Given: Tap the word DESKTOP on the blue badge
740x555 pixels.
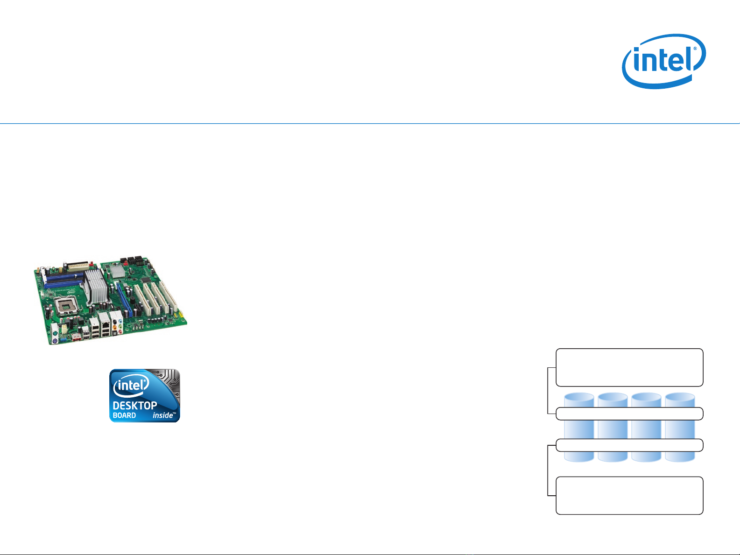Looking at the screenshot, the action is (135, 405).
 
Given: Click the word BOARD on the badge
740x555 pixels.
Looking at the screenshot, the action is (124, 415).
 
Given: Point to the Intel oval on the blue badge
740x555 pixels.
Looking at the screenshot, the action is (131, 386).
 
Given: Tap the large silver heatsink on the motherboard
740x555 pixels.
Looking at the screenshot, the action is (97, 287).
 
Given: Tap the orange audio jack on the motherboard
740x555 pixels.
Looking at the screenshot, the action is (115, 327).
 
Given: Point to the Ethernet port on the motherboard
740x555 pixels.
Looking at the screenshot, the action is (106, 324).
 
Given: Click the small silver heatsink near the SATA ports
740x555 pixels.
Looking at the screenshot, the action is (117, 270).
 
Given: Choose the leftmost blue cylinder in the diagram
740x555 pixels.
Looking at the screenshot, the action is (579, 427).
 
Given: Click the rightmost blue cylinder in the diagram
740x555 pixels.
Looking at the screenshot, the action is (680, 427).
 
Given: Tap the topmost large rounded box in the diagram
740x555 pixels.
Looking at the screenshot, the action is (629, 367).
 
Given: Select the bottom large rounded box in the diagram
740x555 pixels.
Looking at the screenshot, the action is (629, 495).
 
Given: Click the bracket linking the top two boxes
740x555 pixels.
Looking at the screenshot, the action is (548, 390).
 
